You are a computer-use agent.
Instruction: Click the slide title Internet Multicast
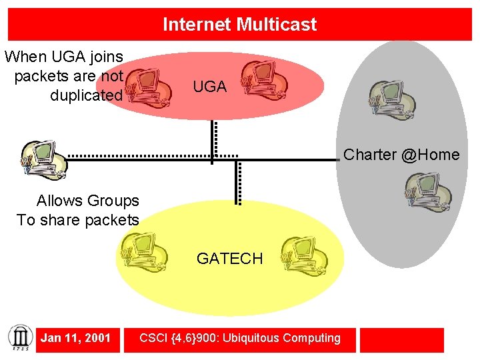[239, 25]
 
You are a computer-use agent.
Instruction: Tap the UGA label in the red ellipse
[209, 87]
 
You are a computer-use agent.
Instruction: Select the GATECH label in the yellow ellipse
[229, 259]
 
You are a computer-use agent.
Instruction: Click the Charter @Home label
[401, 155]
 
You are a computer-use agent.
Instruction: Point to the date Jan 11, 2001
[75, 338]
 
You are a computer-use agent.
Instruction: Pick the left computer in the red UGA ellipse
[150, 87]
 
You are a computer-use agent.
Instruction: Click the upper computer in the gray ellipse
[393, 101]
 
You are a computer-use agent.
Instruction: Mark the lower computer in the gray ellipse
[428, 192]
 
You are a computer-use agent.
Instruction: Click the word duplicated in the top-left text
[87, 95]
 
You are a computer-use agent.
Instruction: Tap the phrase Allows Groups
[87, 201]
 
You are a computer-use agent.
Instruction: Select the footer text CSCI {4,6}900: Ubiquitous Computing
[240, 338]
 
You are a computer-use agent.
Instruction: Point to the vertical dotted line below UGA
[214, 140]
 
